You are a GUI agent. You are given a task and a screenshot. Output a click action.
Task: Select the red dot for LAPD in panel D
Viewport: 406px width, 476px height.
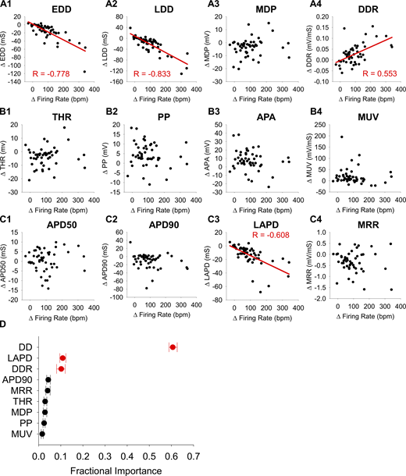point(84,357)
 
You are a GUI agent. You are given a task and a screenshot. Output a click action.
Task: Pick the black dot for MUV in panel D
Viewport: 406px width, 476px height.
point(42,433)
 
